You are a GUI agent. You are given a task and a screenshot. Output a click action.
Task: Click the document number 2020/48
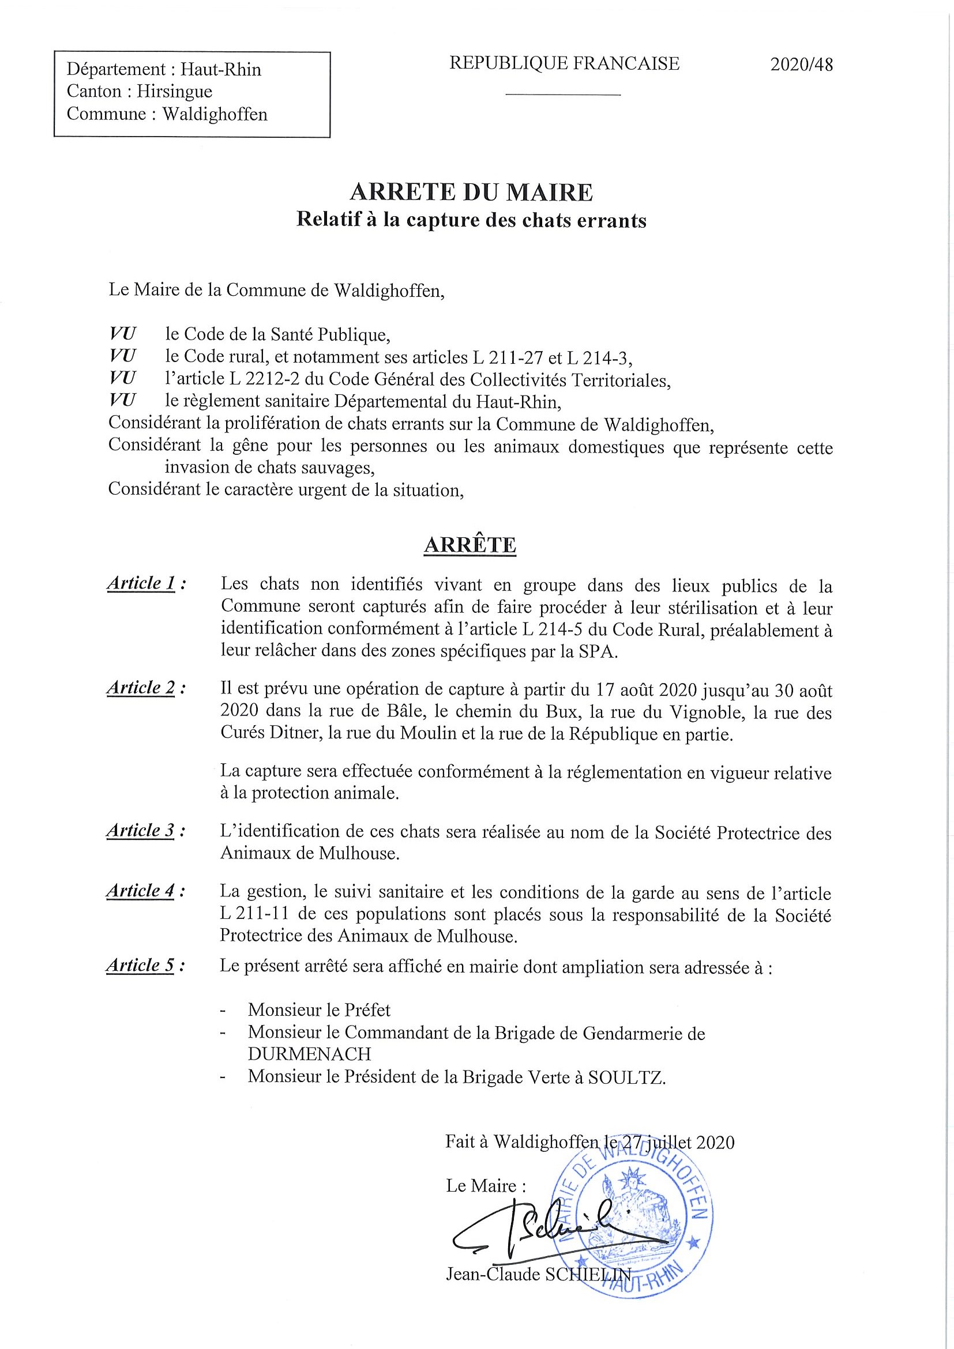coord(801,65)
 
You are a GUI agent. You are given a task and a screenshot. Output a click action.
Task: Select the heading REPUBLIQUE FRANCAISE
coord(564,63)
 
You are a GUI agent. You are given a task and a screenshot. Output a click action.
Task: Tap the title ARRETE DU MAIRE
coord(471,192)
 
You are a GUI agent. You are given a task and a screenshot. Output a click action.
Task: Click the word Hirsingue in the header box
coord(175,92)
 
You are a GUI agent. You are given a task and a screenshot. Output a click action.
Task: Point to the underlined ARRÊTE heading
coord(470,545)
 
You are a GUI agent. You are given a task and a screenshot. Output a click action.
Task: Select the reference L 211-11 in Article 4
coord(251,915)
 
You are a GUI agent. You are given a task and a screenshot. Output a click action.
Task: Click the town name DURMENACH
coord(309,1053)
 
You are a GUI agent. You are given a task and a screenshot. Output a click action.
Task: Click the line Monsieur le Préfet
coord(319,1010)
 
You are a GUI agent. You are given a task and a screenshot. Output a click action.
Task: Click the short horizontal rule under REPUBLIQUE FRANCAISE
coord(562,94)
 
